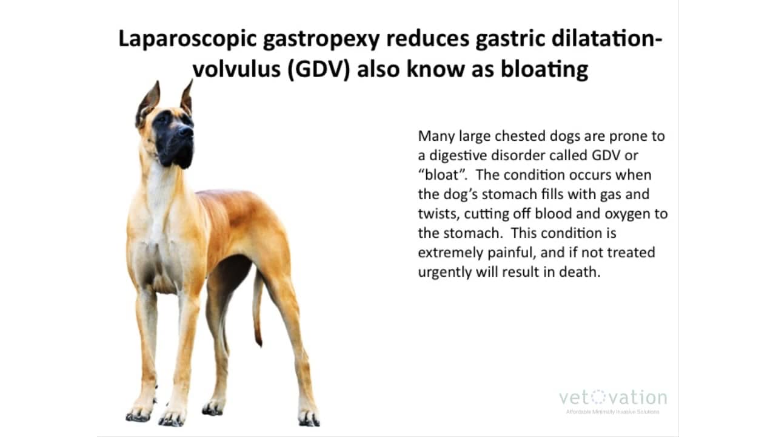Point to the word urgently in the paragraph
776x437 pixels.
[x=444, y=272]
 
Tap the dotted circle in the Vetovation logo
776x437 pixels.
[x=598, y=398]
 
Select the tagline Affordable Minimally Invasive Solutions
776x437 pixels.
[x=612, y=412]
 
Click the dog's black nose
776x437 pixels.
[x=185, y=130]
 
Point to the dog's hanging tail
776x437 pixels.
[x=258, y=310]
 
